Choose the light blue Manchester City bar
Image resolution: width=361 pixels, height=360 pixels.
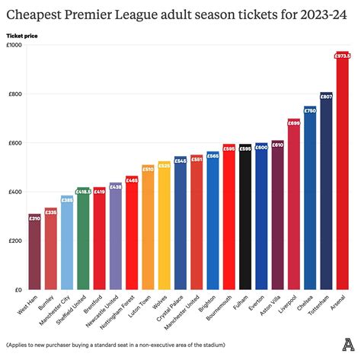coord(67,243)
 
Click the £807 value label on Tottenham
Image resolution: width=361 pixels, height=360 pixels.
coord(326,96)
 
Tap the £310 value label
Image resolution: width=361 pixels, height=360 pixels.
coord(34,218)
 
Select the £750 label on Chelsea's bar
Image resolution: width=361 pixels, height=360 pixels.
coord(310,110)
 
